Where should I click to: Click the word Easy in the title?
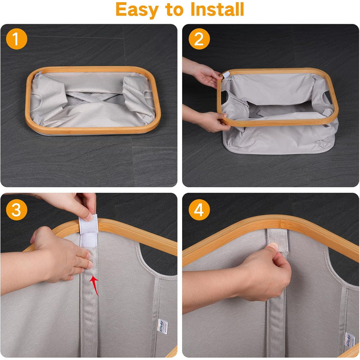[137, 10]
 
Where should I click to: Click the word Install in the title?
[217, 9]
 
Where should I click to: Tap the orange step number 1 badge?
[16, 39]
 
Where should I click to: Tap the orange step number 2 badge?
[199, 39]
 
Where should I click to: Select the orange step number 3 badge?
[16, 210]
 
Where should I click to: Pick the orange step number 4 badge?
[199, 210]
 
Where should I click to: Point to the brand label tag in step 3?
[163, 327]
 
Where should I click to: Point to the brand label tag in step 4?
[349, 339]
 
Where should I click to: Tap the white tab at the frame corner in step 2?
[226, 75]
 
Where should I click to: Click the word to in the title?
[174, 10]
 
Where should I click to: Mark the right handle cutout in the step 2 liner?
[328, 98]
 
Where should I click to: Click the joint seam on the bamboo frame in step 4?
[284, 224]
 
